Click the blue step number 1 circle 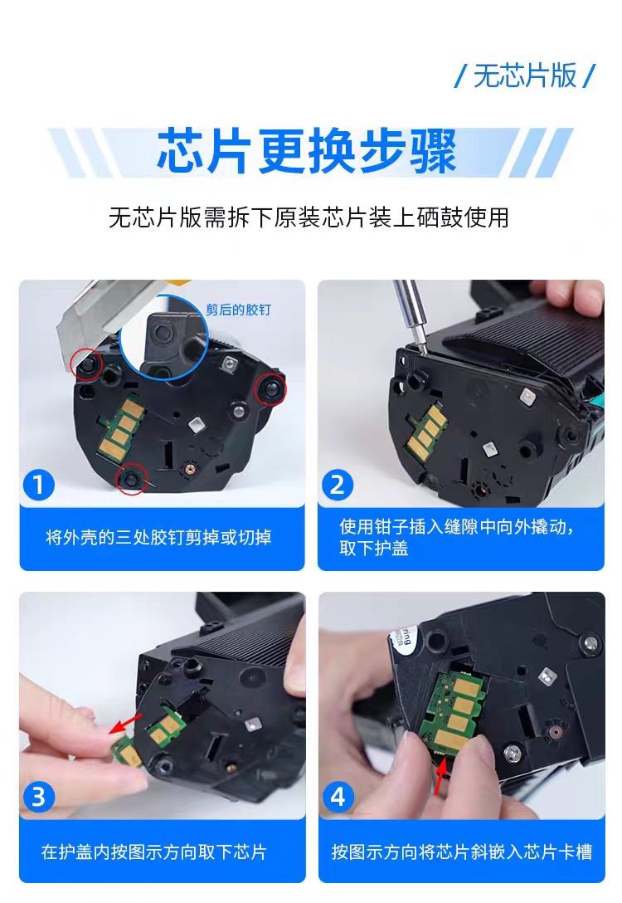pos(38,485)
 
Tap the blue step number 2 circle pos(338,485)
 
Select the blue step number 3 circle pos(38,798)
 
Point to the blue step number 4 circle pos(338,798)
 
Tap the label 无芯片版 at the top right pos(525,76)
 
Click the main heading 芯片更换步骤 pos(307,151)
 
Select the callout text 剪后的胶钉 pos(238,310)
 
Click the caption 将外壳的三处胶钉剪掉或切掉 pos(158,537)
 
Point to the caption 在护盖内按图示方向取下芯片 pos(153,852)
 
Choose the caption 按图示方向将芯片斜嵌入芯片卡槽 pos(461,852)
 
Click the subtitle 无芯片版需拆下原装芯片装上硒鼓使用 pos(309,217)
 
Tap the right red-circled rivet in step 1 pos(270,388)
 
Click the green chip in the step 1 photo pos(121,429)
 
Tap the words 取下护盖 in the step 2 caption pos(373,548)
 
